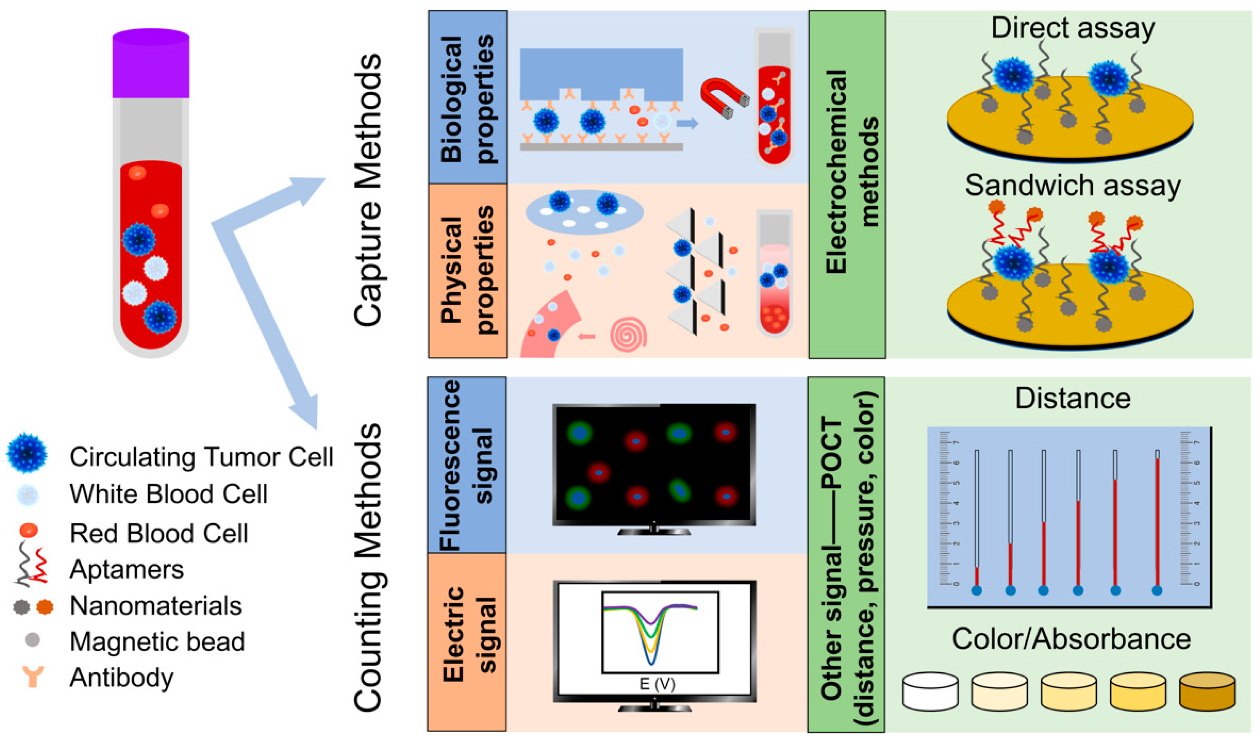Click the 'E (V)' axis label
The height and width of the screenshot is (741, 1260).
pos(657,684)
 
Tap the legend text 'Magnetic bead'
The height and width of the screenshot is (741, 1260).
pos(157,641)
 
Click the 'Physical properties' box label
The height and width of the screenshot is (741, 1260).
pos(467,270)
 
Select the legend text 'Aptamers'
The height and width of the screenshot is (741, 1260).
pos(126,569)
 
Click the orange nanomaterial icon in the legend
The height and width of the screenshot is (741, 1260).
pos(45,607)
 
